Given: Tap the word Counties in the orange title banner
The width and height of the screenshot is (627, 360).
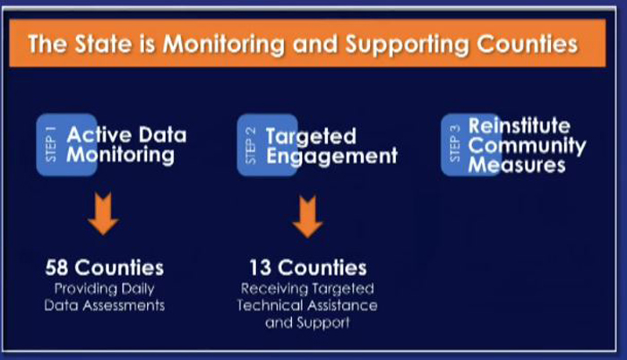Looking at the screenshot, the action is (528, 44).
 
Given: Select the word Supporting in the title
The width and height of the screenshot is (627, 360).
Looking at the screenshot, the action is (408, 45).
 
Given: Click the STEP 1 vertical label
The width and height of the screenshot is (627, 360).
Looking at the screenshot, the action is (51, 144).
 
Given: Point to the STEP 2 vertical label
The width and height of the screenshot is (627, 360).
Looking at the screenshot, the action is (250, 146).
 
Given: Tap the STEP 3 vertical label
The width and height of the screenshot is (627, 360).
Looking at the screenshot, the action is (455, 143).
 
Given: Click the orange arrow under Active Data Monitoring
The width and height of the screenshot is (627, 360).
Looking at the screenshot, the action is (103, 214).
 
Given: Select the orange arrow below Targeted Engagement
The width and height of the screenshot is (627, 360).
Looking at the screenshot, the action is (307, 217).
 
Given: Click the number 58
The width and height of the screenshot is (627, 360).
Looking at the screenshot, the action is (56, 268).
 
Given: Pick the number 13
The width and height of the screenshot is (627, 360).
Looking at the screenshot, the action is (260, 268).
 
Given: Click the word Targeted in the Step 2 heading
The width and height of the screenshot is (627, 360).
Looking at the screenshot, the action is (311, 137).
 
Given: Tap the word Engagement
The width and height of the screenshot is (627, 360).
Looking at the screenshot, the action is (332, 157).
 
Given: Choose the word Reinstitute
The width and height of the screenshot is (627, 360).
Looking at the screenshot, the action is (520, 125).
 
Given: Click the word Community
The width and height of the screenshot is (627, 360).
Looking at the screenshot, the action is (527, 146).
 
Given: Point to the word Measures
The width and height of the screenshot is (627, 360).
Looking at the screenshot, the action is (517, 165).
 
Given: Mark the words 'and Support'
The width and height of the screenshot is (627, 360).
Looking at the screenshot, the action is (307, 323).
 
